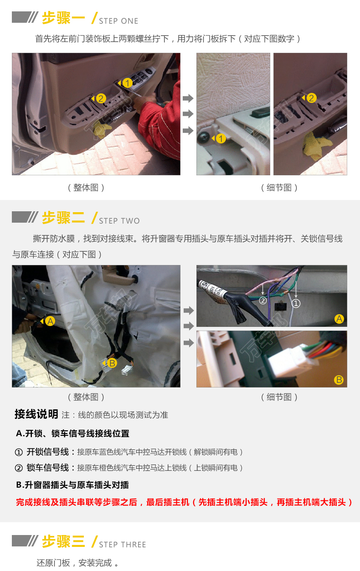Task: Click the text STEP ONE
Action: tap(118, 21)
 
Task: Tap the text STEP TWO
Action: tap(119, 221)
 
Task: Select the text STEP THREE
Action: tap(123, 545)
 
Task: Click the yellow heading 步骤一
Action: tap(63, 18)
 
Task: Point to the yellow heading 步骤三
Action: tap(63, 541)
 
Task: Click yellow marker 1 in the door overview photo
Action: tap(127, 83)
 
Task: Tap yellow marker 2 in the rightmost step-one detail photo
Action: tap(311, 98)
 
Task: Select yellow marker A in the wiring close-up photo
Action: tap(339, 319)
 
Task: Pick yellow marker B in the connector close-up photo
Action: tap(339, 380)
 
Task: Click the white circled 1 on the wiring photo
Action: tap(296, 303)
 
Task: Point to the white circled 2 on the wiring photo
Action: tap(263, 301)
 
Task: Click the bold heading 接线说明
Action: tap(36, 414)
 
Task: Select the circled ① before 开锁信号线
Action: tap(19, 453)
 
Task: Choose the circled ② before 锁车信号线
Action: tap(19, 468)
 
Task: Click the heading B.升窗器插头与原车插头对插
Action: tap(72, 485)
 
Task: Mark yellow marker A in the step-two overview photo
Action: tap(50, 321)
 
